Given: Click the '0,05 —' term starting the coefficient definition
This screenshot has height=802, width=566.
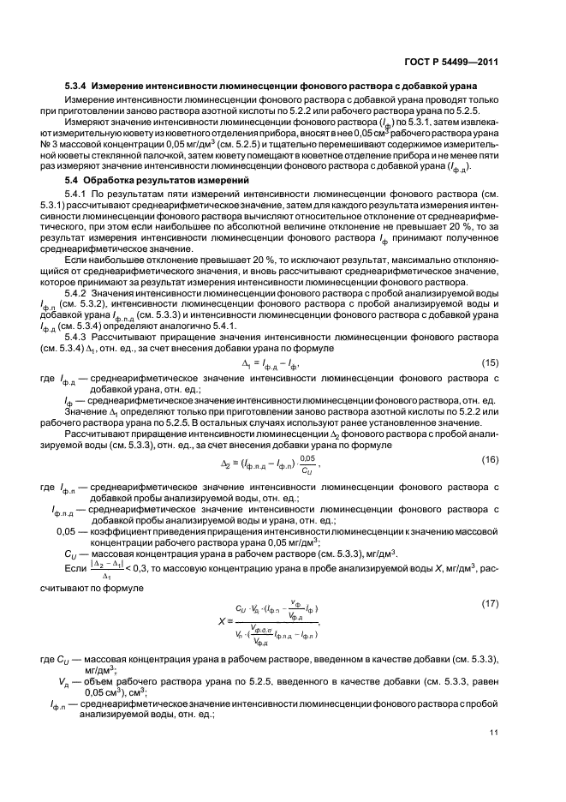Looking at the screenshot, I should [66, 531].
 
